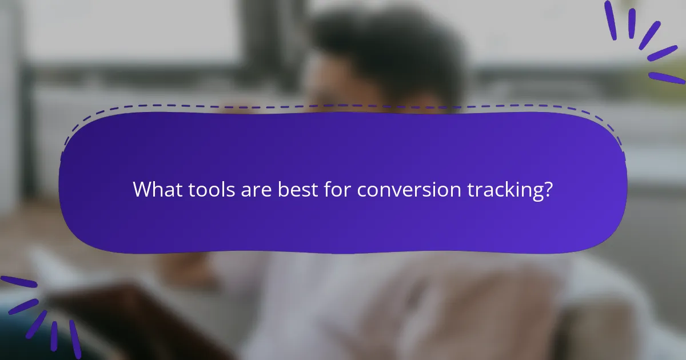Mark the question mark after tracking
548,189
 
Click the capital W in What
141,189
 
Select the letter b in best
283,189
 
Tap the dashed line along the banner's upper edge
343,106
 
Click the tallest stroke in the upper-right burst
610,20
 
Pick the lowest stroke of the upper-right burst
667,78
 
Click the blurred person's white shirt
297,297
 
